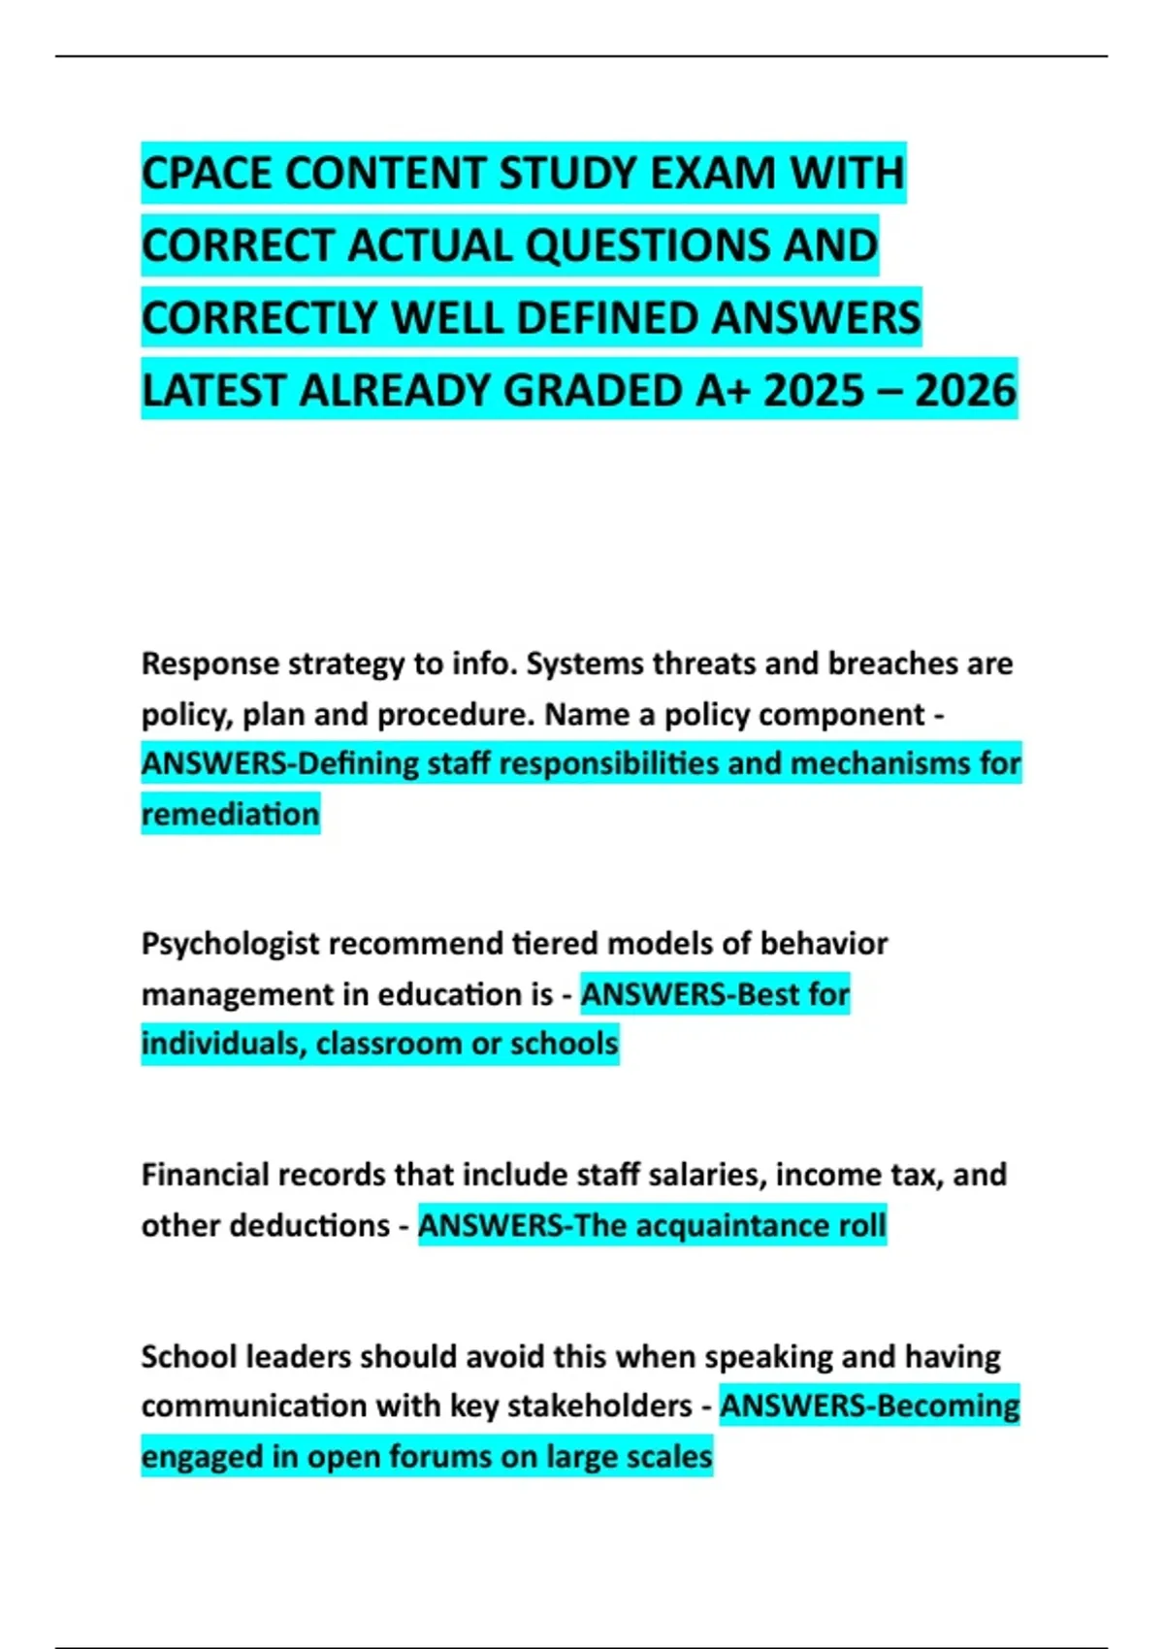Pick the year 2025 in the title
click(814, 391)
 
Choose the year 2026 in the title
click(965, 391)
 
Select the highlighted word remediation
click(231, 814)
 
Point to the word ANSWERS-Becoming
click(869, 1406)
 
